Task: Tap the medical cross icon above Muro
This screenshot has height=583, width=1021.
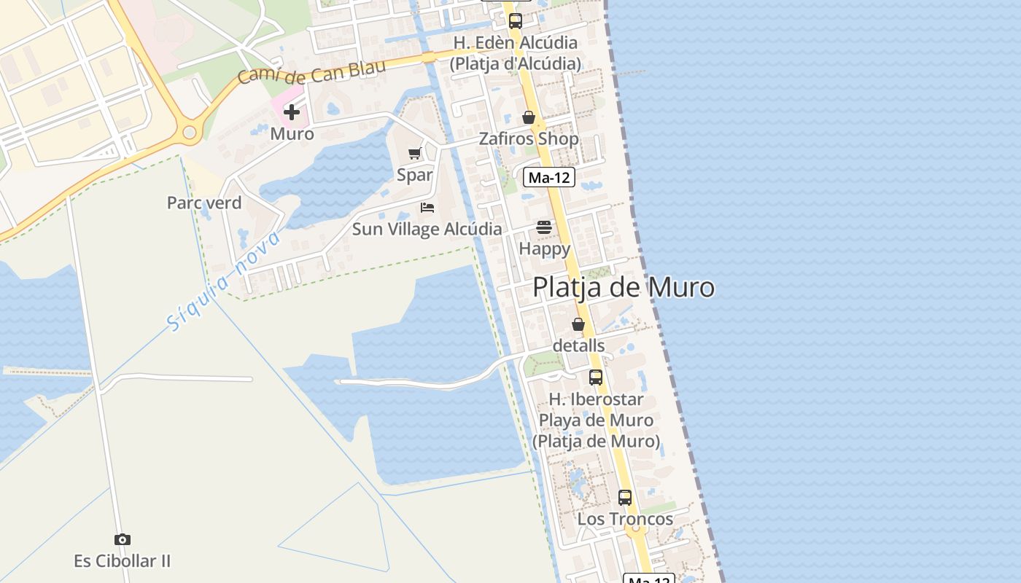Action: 292,112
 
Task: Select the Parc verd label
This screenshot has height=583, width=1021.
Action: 204,203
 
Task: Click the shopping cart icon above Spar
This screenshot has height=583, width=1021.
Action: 415,153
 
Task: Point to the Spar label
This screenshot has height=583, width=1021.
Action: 415,175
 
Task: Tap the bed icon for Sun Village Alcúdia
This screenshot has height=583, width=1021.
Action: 427,208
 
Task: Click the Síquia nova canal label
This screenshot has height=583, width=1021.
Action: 223,280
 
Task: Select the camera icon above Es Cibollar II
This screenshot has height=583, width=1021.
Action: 123,539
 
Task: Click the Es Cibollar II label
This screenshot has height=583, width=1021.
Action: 123,561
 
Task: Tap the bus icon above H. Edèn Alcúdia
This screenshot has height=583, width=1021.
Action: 516,21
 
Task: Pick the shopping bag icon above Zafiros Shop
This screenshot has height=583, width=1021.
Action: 529,117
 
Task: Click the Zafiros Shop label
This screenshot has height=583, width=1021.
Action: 529,138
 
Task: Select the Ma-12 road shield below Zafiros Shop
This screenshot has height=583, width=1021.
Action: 549,177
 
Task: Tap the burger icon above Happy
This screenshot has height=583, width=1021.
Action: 544,227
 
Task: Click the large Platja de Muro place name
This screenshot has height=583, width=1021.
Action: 624,287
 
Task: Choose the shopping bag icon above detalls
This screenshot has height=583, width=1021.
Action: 578,324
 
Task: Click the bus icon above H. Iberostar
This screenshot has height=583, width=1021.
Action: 596,377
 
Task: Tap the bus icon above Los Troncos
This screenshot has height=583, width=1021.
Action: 625,498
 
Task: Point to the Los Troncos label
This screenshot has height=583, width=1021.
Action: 625,519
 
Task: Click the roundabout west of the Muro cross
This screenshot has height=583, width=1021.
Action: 190,133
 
